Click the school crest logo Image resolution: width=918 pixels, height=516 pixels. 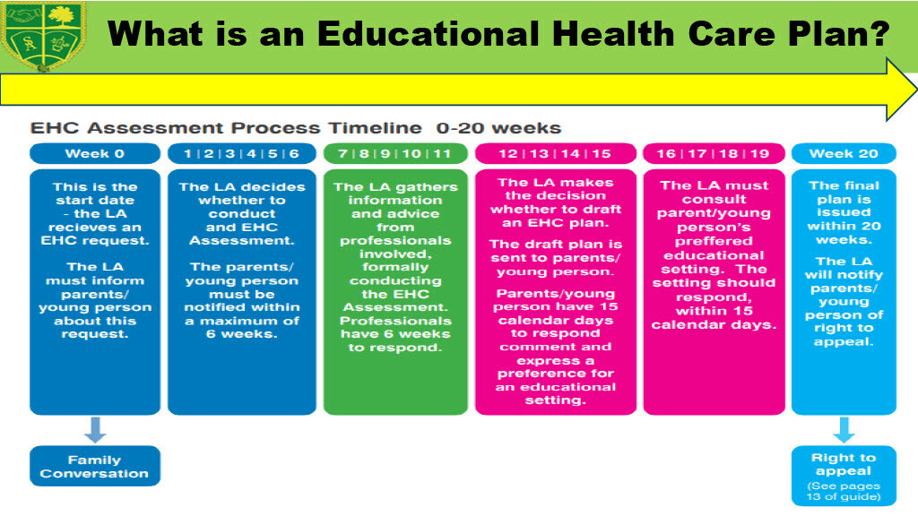[x=43, y=35]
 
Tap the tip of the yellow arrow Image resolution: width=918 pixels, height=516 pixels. [x=916, y=90]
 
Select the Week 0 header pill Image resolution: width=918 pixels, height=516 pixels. [x=95, y=153]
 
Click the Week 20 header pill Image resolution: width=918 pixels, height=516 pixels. [x=844, y=153]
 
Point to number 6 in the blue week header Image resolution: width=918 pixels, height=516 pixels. [x=294, y=153]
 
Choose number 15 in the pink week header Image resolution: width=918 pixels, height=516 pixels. [x=602, y=153]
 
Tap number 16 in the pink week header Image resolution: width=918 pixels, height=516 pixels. [x=666, y=153]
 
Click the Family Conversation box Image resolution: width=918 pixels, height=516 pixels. [x=95, y=466]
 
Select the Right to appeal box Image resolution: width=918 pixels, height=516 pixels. [x=844, y=476]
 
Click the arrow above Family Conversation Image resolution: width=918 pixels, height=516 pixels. [x=95, y=430]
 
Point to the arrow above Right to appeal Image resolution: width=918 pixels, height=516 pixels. [x=844, y=430]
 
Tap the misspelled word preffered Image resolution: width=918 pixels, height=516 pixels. [x=714, y=241]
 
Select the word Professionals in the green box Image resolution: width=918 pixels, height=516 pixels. [x=395, y=321]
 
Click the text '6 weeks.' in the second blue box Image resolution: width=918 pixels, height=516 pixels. [x=242, y=334]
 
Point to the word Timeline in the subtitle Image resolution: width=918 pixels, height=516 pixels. [x=375, y=128]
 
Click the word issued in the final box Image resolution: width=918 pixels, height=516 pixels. [x=844, y=212]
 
